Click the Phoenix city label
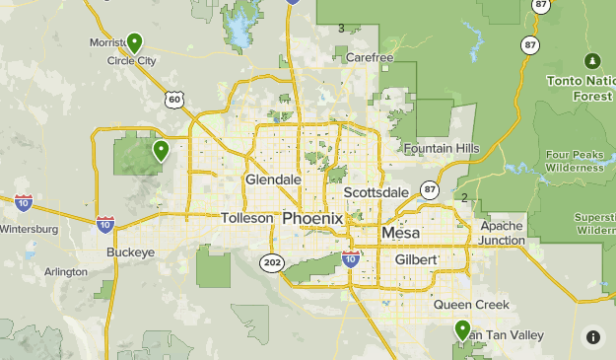(312, 218)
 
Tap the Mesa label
(400, 234)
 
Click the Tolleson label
(245, 218)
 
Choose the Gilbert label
(415, 258)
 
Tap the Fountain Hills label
(441, 148)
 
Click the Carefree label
(370, 58)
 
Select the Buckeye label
(131, 252)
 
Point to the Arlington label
(66, 271)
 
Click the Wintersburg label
(29, 230)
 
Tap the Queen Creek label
(472, 305)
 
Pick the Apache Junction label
(502, 233)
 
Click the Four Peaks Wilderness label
(575, 161)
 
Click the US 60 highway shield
(174, 99)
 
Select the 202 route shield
(273, 262)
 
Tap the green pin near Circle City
(134, 42)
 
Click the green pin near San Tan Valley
(462, 330)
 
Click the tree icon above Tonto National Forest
(592, 60)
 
